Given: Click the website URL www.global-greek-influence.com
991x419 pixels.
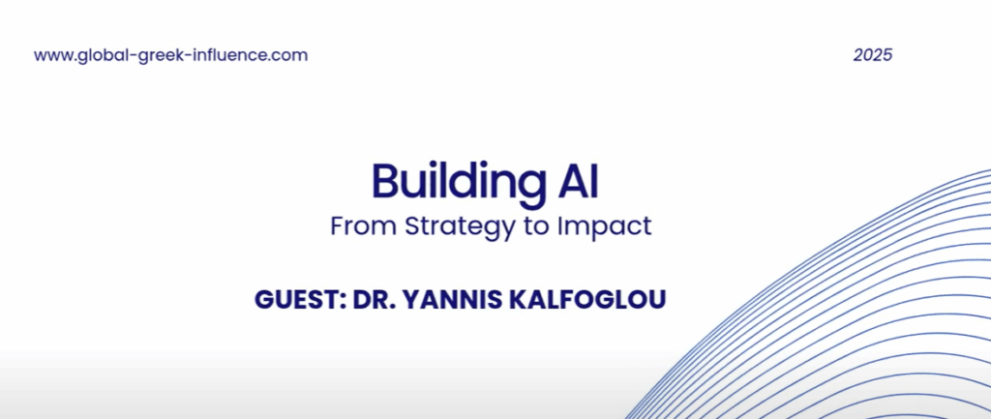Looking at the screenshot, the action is [170, 55].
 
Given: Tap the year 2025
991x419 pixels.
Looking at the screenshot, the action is [873, 55].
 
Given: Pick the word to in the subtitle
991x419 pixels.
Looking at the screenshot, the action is [535, 226].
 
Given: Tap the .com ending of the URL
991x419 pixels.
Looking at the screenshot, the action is [287, 57].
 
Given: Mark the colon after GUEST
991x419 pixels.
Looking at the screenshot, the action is [344, 302].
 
